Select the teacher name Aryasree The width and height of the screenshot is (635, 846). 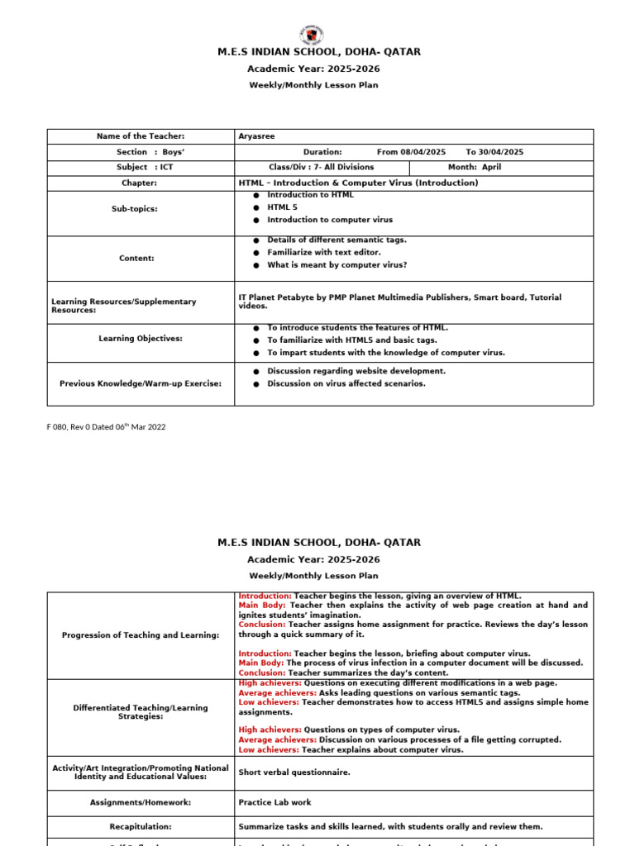tap(256, 136)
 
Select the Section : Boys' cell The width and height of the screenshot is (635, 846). tap(139, 152)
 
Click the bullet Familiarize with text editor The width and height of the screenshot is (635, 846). tap(332, 252)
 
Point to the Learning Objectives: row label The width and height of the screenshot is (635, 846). tap(141, 339)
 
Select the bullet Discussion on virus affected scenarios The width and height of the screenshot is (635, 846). tap(346, 383)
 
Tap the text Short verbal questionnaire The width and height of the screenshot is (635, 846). tap(294, 773)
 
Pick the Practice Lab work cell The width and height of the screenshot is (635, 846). tap(275, 802)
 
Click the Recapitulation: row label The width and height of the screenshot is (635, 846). tap(141, 826)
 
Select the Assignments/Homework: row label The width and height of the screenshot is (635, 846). tap(141, 802)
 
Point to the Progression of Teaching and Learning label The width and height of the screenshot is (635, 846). tap(141, 634)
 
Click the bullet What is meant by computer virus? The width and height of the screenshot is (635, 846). tap(337, 265)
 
